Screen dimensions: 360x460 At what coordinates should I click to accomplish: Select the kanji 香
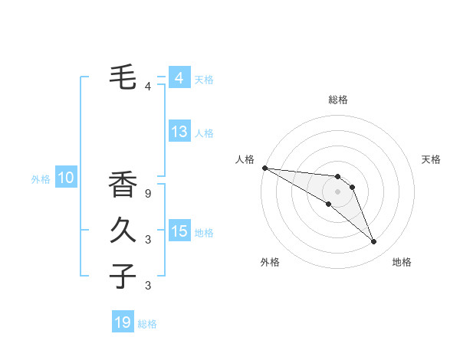tap(123, 185)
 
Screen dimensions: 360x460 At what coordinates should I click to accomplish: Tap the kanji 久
tap(123, 230)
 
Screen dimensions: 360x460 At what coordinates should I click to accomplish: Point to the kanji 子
tap(123, 275)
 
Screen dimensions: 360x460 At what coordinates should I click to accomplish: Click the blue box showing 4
tap(179, 78)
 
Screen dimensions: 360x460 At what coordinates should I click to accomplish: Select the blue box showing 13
tap(179, 132)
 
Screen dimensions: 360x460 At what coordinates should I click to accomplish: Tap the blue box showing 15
tap(179, 231)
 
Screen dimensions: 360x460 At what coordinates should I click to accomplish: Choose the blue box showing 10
tap(66, 178)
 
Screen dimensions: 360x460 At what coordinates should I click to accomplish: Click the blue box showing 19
tap(123, 322)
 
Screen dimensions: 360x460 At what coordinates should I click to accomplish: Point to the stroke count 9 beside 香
tap(148, 194)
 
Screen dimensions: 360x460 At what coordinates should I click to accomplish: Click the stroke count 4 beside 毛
tap(148, 86)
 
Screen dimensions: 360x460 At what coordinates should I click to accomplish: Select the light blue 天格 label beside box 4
tap(204, 79)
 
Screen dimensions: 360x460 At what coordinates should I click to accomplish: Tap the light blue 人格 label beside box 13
tap(204, 133)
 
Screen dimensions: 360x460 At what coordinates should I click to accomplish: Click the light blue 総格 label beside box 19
tap(147, 324)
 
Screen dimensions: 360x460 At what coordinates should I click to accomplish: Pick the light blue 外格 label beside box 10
tap(41, 180)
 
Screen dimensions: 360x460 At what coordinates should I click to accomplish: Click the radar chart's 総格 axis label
tap(337, 100)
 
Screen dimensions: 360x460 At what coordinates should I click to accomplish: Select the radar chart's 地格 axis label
tap(402, 262)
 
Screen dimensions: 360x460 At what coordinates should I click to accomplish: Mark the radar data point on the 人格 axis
tap(264, 168)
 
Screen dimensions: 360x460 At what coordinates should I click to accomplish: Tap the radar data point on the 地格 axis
tap(374, 242)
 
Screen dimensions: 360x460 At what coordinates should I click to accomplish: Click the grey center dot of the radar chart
tap(337, 191)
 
